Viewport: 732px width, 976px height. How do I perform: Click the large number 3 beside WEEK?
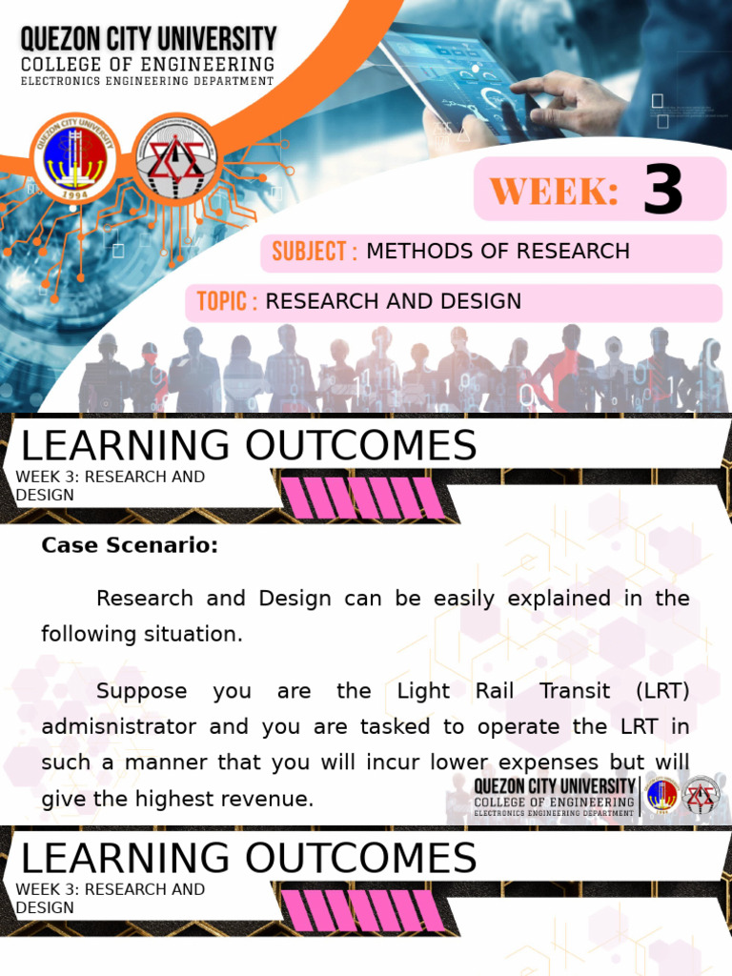(x=662, y=190)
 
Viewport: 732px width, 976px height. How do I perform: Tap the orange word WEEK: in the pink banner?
(x=555, y=192)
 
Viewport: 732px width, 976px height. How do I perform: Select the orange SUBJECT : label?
(x=315, y=252)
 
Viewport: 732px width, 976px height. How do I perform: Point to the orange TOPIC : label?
(x=227, y=302)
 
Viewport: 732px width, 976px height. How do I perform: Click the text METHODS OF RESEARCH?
(x=498, y=252)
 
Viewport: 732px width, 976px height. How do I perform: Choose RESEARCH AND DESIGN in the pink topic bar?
(x=393, y=302)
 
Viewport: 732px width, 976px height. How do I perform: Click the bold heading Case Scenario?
(x=130, y=546)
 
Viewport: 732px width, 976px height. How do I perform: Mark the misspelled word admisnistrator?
(x=119, y=727)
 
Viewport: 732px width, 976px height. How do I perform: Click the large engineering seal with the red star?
(x=175, y=156)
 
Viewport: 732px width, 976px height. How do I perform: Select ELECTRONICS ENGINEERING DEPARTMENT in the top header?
(x=147, y=82)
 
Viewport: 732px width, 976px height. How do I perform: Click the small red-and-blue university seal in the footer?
(x=661, y=796)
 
